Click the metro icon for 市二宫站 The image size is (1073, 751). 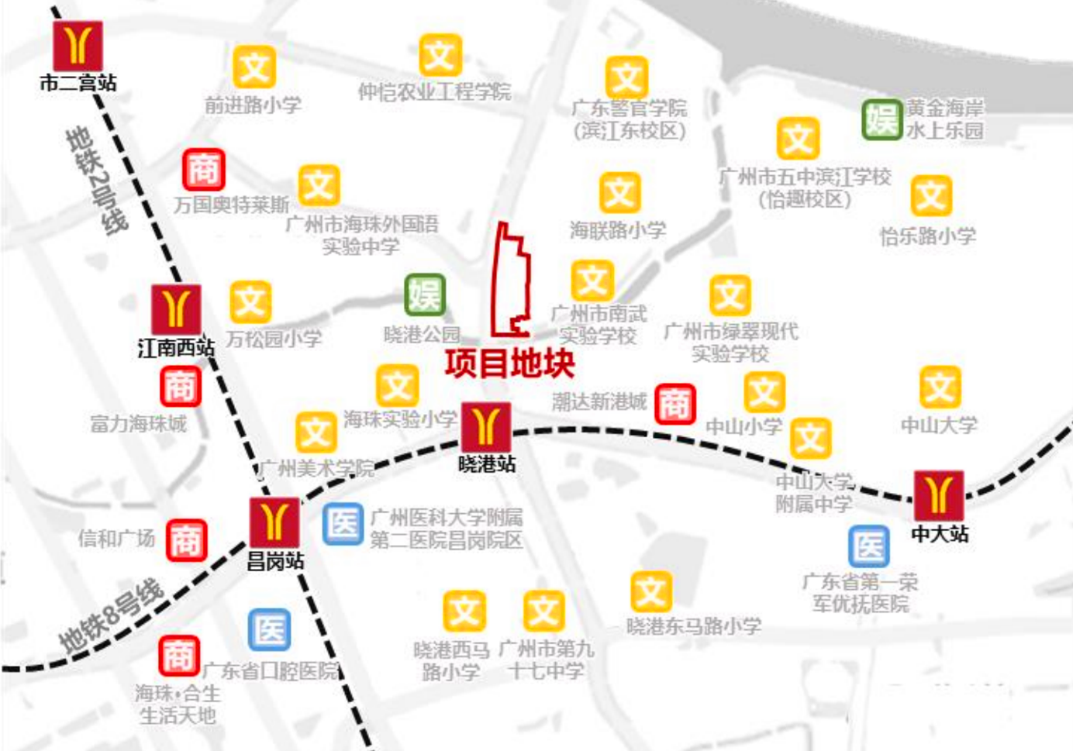click(x=78, y=46)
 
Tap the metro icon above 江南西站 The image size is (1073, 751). click(x=176, y=309)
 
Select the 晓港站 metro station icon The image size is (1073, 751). click(x=486, y=426)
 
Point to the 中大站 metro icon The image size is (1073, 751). click(x=939, y=495)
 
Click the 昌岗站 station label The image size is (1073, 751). click(x=275, y=562)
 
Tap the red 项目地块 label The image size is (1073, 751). click(x=509, y=363)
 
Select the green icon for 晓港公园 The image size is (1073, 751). click(x=425, y=295)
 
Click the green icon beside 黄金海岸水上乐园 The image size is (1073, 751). click(x=882, y=119)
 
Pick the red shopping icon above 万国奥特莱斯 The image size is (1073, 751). click(x=203, y=170)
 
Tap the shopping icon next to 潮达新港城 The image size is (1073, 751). click(x=675, y=404)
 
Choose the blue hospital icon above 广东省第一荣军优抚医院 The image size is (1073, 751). click(x=868, y=547)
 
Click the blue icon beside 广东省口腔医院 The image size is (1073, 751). click(x=270, y=630)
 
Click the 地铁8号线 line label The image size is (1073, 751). click(x=112, y=617)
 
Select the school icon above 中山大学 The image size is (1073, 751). click(x=940, y=388)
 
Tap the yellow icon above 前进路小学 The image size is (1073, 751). click(x=254, y=67)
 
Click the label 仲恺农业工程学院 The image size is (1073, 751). click(x=434, y=92)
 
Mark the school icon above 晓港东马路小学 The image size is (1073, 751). click(x=650, y=592)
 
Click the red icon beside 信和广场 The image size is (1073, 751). click(x=186, y=539)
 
